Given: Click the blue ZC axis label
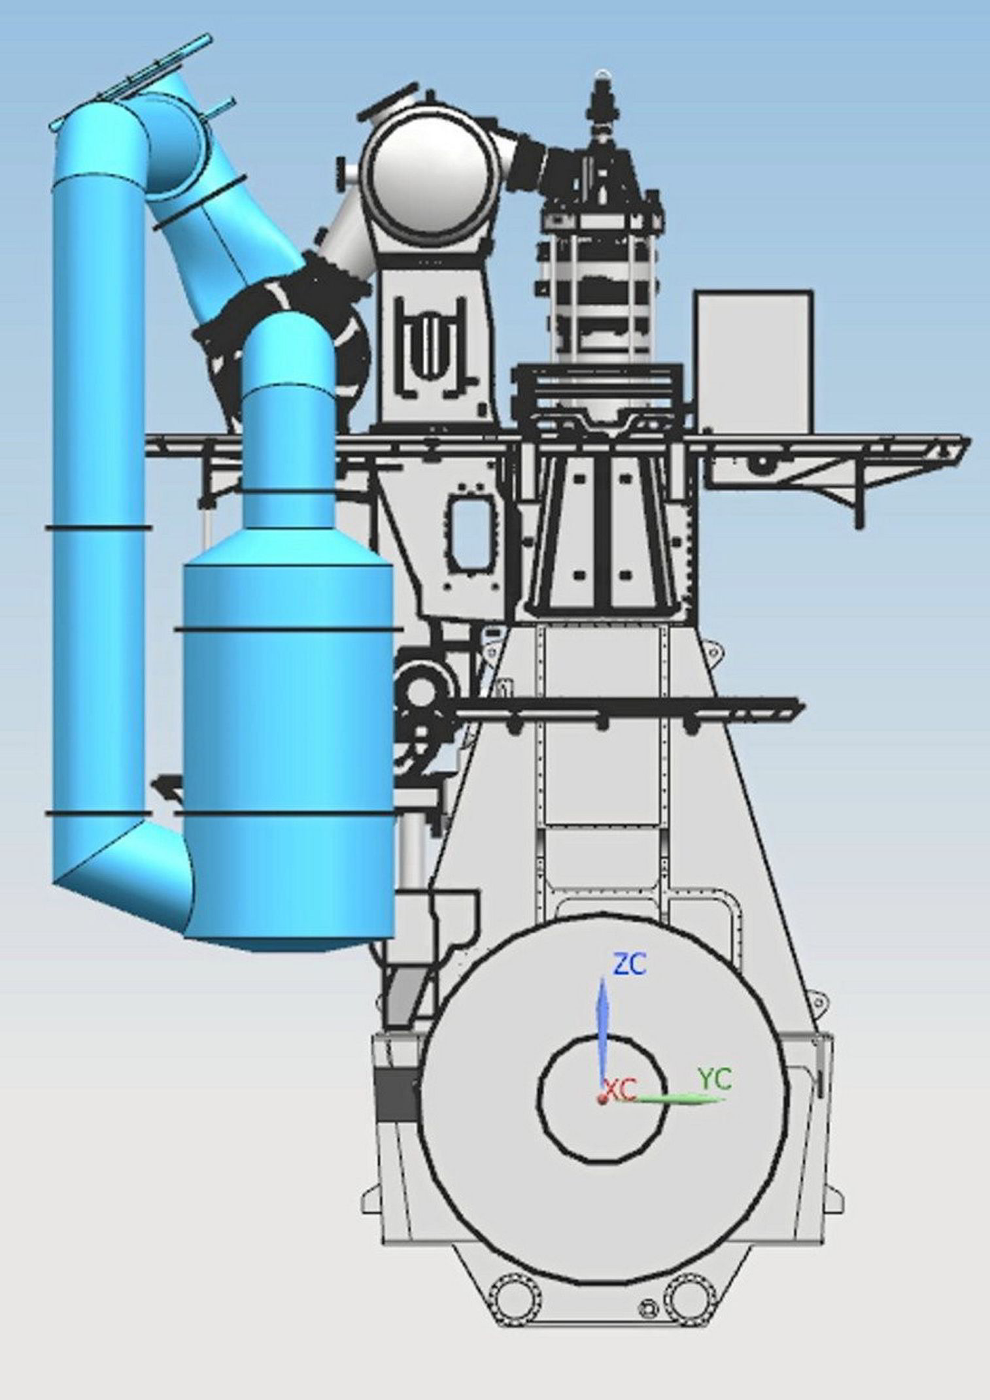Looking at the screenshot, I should pos(629,965).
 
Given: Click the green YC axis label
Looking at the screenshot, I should pos(715,1079).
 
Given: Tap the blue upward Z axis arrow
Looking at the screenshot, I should pos(603,1025).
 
